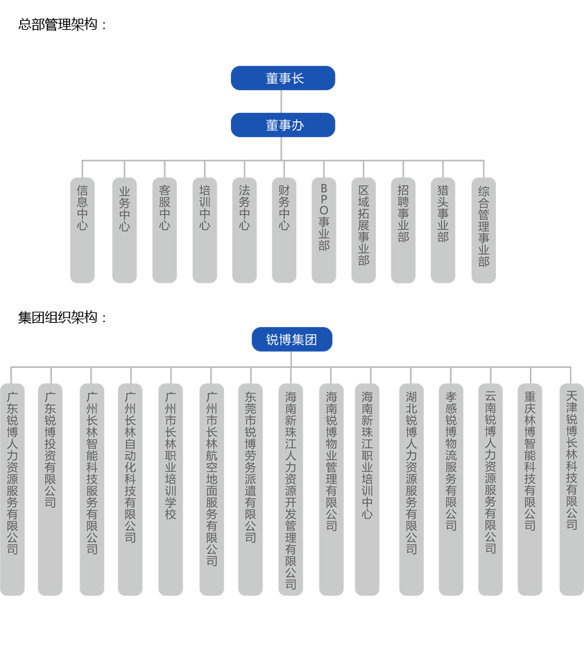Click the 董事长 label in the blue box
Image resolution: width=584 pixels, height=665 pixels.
pos(284,79)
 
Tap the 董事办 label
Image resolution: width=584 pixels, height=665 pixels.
pos(284,125)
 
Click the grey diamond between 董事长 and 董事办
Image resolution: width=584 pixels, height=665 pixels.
pos(281,102)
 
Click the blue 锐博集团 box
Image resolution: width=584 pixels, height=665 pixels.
pos(291,340)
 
